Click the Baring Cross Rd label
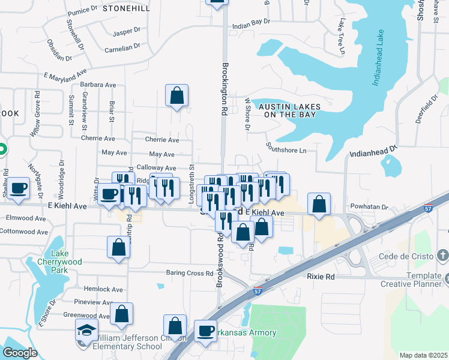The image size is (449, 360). tap(190, 274)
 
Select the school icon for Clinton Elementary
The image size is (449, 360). tap(86, 330)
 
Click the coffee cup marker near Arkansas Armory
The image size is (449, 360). tap(205, 331)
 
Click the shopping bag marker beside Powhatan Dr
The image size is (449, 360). tap(319, 204)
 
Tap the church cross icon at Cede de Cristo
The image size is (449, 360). tap(442, 257)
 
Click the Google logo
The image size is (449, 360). tap(20, 353)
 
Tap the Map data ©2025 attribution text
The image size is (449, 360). tap(423, 355)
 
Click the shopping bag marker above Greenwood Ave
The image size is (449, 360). tap(121, 314)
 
